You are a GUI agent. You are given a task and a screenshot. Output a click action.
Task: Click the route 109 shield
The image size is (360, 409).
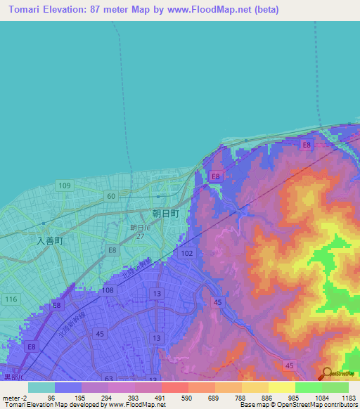click(x=65, y=186)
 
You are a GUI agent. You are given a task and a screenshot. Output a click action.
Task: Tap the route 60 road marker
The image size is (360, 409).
click(x=110, y=195)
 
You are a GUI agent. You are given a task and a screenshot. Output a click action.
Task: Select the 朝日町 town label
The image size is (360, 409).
click(x=165, y=212)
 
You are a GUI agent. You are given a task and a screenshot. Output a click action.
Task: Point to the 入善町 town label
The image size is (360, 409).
click(x=50, y=240)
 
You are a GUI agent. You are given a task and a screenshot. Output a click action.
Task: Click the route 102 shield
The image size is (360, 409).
click(x=186, y=253)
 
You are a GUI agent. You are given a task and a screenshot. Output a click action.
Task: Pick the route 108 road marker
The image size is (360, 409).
click(x=108, y=290)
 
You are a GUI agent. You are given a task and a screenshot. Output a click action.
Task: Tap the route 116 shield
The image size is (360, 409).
click(x=10, y=299)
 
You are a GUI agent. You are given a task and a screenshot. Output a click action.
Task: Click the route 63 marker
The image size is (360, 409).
click(x=108, y=378)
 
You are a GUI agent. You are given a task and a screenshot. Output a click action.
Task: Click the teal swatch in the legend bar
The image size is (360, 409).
click(x=41, y=387)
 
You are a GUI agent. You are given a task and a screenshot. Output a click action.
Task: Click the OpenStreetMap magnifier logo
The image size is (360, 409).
click(x=326, y=372)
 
